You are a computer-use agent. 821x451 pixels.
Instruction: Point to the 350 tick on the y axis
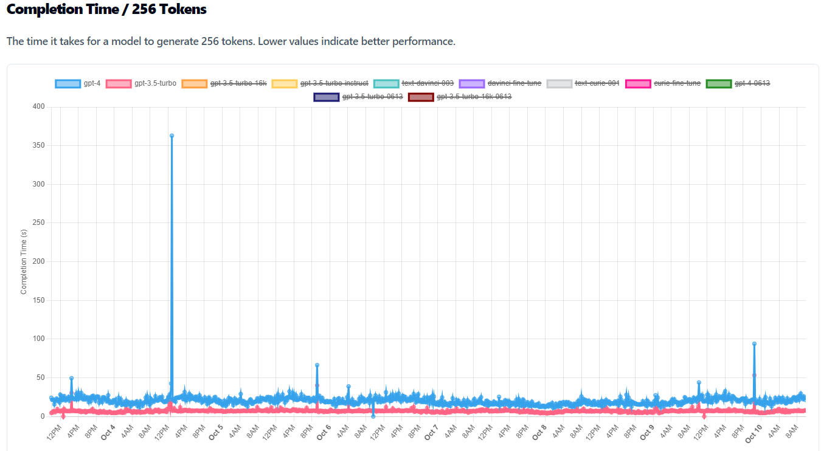click(x=38, y=146)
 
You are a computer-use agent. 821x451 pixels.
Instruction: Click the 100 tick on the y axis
click(x=38, y=339)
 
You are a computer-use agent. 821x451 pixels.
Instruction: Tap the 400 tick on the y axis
click(x=38, y=107)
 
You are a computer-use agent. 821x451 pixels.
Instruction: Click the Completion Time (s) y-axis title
click(x=24, y=261)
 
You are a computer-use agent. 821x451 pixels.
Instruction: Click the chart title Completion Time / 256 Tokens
click(x=106, y=10)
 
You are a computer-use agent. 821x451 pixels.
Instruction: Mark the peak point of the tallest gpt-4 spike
click(x=171, y=136)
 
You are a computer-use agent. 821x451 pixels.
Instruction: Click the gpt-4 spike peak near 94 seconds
click(x=754, y=343)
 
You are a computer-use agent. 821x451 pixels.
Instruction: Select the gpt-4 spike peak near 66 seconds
click(x=317, y=365)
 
